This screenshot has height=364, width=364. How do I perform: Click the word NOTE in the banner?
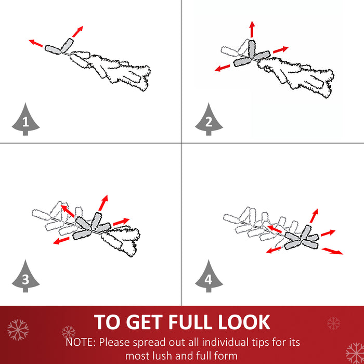click(x=81, y=342)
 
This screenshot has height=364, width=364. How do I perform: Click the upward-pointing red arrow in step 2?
click(x=252, y=29)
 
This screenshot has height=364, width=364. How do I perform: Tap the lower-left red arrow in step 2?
click(x=223, y=68)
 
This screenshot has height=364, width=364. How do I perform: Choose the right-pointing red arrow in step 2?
click(x=281, y=50)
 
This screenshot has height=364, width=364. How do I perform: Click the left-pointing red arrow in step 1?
click(x=36, y=43)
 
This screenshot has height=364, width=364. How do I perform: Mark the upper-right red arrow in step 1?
click(x=77, y=32)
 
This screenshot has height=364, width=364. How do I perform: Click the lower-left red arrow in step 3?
click(x=61, y=240)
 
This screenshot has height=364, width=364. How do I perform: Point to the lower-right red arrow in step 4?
click(x=332, y=251)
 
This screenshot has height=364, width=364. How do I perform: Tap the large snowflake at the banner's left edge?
click(x=18, y=330)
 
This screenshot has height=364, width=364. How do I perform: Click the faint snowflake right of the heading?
click(x=334, y=323)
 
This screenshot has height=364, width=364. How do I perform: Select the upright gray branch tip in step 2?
click(x=252, y=49)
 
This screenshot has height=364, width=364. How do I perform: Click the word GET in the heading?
click(x=144, y=322)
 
